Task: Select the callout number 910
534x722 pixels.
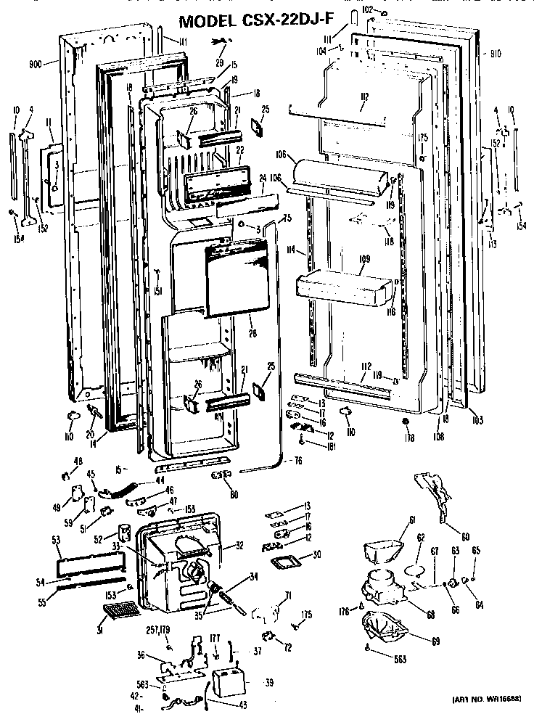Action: point(495,53)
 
